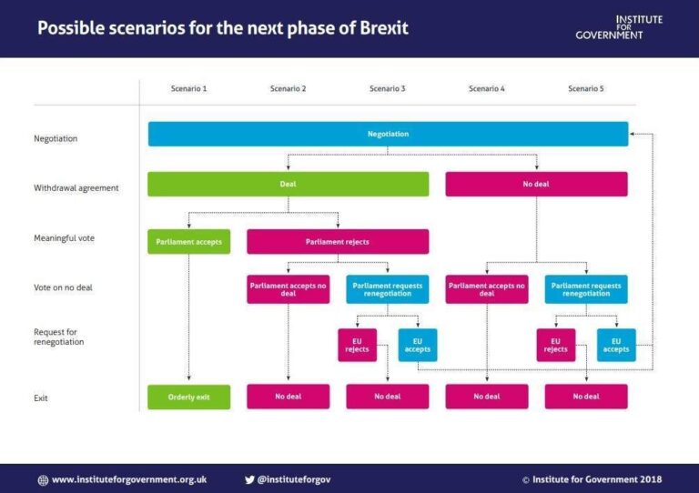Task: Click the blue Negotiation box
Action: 388,134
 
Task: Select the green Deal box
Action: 288,184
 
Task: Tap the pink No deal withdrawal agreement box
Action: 536,184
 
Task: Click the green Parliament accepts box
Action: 188,241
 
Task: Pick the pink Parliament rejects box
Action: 338,241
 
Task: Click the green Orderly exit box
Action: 188,397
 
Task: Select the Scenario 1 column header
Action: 188,88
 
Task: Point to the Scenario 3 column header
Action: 388,88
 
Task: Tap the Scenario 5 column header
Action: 585,88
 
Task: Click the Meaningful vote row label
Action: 64,238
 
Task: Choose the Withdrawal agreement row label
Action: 76,188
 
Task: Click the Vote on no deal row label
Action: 64,287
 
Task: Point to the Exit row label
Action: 41,397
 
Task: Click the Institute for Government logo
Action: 619,27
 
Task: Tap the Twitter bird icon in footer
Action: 249,479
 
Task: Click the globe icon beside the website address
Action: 43,479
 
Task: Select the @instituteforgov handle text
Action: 294,479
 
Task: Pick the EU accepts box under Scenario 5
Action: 616,345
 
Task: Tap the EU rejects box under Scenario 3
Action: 358,345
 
